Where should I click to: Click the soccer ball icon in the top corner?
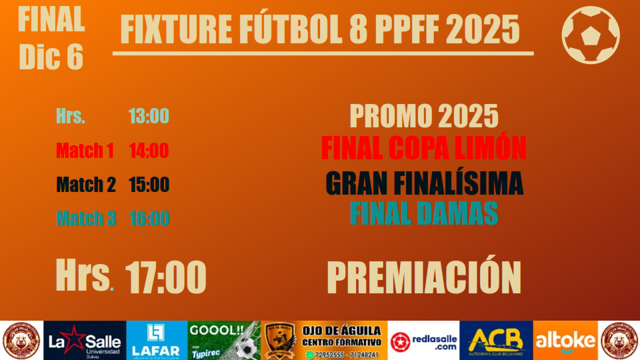coord(590,35)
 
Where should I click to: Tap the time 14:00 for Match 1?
coord(149,151)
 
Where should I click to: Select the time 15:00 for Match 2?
coord(149,185)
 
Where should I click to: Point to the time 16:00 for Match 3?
coord(149,218)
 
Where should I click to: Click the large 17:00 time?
coord(165,277)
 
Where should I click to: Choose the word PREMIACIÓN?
coord(423,277)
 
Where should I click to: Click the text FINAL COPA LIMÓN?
coord(423,148)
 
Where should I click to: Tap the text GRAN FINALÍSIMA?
coord(424,183)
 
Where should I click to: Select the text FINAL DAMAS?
coord(424,213)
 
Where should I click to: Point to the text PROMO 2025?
coord(424,117)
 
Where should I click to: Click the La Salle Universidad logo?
coord(83,341)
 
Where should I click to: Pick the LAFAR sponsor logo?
coord(156,341)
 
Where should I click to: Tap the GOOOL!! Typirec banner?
coord(224,341)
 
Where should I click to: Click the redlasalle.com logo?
coord(424,341)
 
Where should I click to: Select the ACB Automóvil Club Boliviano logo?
coord(495,341)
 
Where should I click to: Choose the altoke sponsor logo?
coord(565,341)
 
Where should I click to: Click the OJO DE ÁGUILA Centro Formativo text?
coord(341,336)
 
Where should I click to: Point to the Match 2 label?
coord(86,185)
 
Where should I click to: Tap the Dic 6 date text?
coord(51,57)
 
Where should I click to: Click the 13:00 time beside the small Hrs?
coord(149,116)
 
